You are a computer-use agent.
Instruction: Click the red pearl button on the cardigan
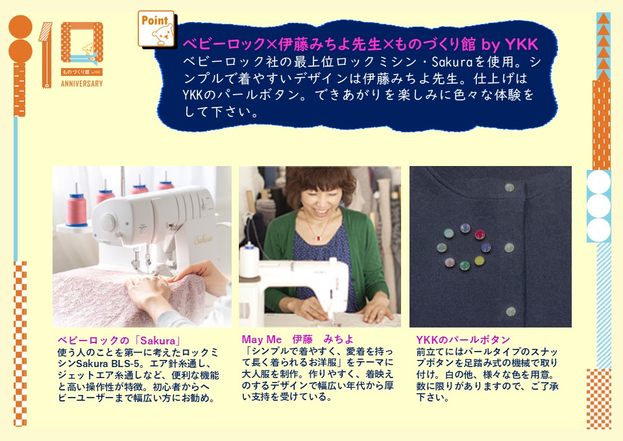point(480,235)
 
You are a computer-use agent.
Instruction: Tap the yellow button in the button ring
point(479,261)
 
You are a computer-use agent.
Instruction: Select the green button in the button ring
point(465,265)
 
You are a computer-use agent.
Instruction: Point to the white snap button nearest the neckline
point(509,187)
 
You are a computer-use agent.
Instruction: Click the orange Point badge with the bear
point(156,29)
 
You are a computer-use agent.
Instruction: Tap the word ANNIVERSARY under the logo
point(82,84)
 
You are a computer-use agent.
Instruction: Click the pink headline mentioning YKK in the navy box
point(360,44)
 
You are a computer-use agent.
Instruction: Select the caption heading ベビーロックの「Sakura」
point(119,340)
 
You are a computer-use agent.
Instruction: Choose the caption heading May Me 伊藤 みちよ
point(298,339)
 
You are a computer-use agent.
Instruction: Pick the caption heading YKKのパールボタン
point(463,340)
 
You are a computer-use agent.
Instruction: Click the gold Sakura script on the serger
point(203,239)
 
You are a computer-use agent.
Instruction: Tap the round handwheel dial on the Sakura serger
point(108,222)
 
